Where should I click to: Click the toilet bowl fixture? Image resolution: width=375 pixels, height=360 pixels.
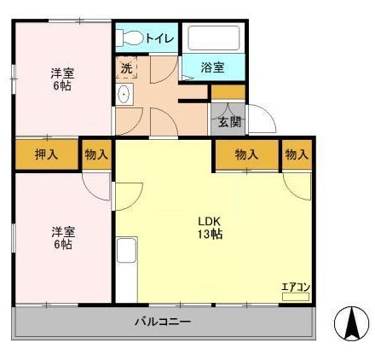tap(130, 38)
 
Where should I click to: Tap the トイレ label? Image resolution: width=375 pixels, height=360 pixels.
tap(160, 38)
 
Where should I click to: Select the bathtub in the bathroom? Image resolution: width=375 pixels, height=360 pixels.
tap(214, 38)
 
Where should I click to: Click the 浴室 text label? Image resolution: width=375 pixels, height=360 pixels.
tap(213, 67)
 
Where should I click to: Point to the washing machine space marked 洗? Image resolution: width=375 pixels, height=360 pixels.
tap(126, 67)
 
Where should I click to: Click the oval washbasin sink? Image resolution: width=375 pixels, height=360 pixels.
tap(124, 94)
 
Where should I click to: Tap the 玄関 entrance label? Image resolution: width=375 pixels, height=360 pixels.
tap(229, 122)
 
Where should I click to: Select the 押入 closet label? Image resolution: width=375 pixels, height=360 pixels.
tap(46, 154)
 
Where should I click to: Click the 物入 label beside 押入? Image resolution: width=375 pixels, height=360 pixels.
tap(96, 154)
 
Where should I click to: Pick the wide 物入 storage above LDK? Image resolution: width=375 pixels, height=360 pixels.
tap(246, 155)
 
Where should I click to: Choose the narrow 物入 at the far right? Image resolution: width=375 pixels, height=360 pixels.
tap(297, 155)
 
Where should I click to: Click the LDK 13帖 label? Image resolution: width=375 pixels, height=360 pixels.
tap(210, 228)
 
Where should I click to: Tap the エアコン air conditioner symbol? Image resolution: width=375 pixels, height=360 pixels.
tap(296, 297)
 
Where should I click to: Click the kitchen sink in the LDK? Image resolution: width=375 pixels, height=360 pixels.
tap(126, 251)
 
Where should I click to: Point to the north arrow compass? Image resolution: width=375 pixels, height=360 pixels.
tap(351, 323)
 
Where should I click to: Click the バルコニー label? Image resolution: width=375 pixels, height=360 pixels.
tap(163, 322)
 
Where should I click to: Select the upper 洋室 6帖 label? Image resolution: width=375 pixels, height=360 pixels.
tap(62, 79)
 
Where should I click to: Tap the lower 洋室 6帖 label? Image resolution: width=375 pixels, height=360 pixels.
tap(63, 238)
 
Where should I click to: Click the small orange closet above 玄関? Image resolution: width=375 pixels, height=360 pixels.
tap(228, 92)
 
